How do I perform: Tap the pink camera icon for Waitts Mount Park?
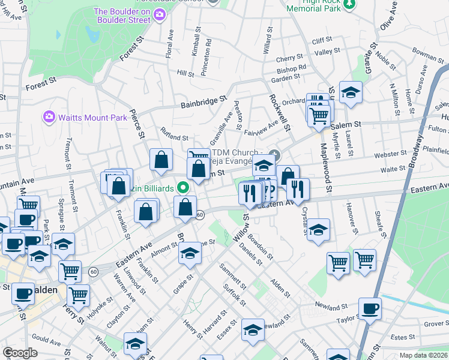[x=49, y=116]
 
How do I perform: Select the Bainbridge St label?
[x=205, y=103]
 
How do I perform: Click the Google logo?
[x=20, y=353]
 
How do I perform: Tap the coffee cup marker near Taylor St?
[x=370, y=308]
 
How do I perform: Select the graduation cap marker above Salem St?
[x=351, y=92]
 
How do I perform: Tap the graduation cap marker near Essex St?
[x=253, y=329]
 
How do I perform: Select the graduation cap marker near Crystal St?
[x=319, y=230]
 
